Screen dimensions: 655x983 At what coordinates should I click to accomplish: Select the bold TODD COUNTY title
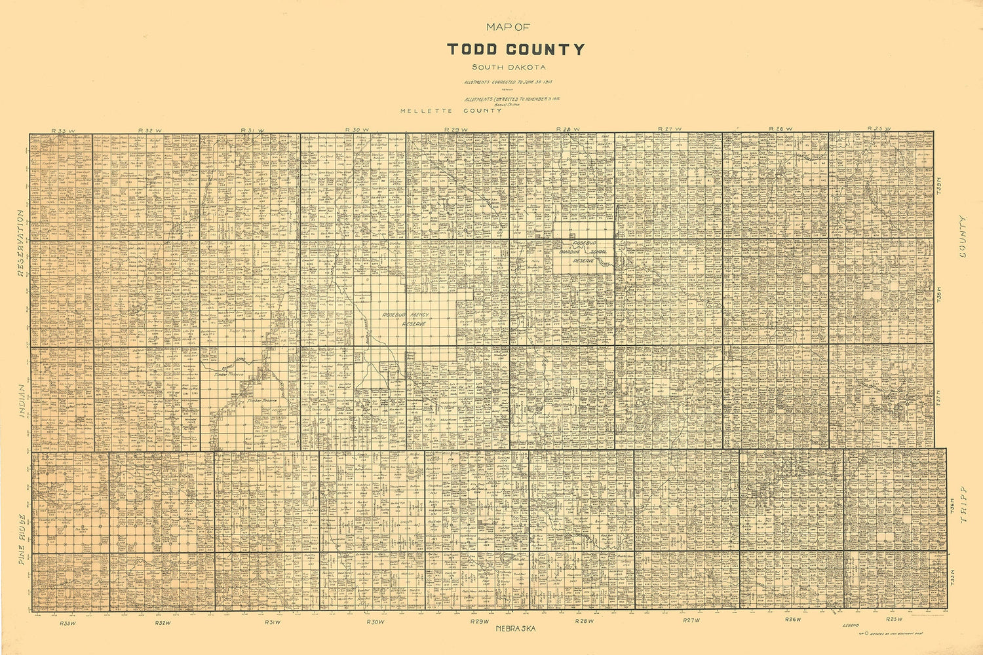(516, 50)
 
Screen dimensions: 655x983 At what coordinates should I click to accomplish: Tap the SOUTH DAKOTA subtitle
(509, 67)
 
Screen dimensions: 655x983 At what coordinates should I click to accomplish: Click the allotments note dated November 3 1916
(512, 99)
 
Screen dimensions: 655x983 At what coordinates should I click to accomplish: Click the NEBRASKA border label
(516, 629)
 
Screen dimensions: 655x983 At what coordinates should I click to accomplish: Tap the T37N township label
(938, 397)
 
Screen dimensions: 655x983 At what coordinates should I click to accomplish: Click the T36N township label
(952, 505)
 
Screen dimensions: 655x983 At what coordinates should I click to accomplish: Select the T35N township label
(952, 576)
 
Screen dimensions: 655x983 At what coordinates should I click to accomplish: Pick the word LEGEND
(850, 627)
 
